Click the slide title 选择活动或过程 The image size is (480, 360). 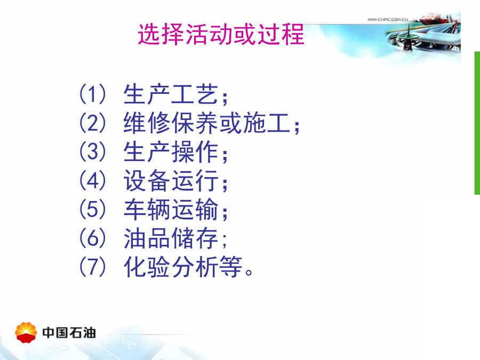(221, 34)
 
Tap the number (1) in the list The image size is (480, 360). (92, 94)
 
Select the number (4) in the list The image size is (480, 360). (92, 181)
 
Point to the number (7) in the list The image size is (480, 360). (92, 267)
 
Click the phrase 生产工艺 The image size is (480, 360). (171, 94)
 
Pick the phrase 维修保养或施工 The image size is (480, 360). (206, 123)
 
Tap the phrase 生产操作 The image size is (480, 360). (171, 152)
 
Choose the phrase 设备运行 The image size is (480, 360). (171, 181)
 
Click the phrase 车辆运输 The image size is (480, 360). (171, 210)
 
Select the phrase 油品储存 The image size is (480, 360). (171, 238)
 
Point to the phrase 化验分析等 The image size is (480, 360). (183, 267)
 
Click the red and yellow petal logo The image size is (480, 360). (26, 332)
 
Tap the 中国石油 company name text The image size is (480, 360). (69, 333)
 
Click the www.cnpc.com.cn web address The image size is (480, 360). (388, 19)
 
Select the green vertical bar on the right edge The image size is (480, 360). (477, 123)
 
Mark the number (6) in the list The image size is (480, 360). (92, 238)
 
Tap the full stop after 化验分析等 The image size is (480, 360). (249, 272)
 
